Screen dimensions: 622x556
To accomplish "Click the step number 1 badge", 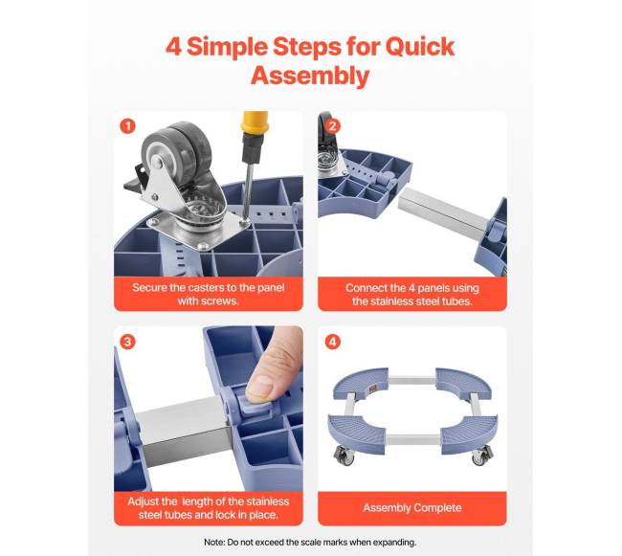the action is click(127, 126).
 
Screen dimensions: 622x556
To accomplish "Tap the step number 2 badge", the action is click(332, 126).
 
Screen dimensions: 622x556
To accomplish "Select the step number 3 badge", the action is click(127, 342).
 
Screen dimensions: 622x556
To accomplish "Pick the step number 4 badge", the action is click(332, 342).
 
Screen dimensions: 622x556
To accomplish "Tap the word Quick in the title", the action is click(420, 47).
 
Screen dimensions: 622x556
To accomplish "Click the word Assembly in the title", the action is click(310, 76).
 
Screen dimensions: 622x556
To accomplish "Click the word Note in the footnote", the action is click(213, 542).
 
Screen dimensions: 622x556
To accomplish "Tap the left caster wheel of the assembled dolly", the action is click(344, 456).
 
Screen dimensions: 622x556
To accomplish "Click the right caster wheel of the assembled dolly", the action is click(481, 456).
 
